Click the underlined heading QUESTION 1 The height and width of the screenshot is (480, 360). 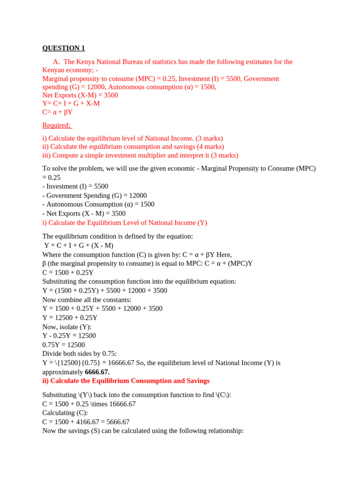pyautogui.click(x=64, y=48)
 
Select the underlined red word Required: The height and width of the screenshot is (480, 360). pyautogui.click(x=56, y=125)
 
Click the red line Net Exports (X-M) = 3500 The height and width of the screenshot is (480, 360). pyautogui.click(x=80, y=95)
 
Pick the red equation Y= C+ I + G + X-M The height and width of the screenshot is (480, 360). pyautogui.click(x=71, y=104)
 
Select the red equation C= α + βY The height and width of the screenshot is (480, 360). pyautogui.click(x=57, y=112)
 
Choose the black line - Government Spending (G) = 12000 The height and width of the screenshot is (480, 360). pyautogui.click(x=94, y=195)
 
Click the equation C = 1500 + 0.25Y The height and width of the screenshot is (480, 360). pyautogui.click(x=68, y=273)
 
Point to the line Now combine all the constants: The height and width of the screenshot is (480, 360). pyautogui.click(x=87, y=300)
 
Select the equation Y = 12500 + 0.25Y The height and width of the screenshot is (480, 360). pyautogui.click(x=70, y=317)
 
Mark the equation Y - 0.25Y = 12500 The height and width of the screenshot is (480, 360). pyautogui.click(x=69, y=336)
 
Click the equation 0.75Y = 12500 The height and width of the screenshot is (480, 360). pyautogui.click(x=64, y=345)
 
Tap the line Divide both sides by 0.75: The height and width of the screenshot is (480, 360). pyautogui.click(x=79, y=353)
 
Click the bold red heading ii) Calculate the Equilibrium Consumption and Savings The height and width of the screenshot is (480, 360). pyautogui.click(x=126, y=381)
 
